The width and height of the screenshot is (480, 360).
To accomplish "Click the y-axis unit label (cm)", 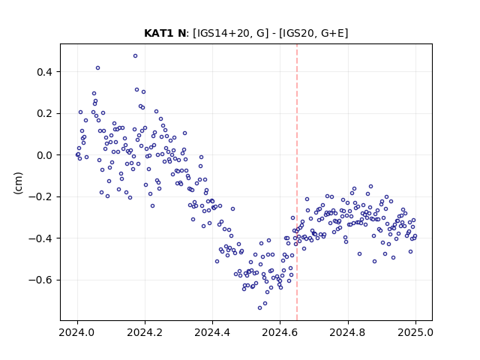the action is point(18,183).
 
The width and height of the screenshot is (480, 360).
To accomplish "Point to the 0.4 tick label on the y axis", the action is point(44,72).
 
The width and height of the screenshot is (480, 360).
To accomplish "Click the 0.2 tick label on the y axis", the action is point(44,113).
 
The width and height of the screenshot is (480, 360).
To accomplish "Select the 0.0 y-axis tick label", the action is point(44,155).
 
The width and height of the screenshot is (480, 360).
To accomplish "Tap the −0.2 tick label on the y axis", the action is point(40,196).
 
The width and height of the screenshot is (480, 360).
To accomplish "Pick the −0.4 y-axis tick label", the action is point(40,238).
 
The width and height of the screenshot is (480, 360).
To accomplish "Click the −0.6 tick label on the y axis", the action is point(40,280).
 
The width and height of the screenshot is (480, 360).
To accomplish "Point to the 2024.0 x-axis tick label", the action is point(77,332).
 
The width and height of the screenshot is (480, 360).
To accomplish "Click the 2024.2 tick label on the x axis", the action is point(145,332).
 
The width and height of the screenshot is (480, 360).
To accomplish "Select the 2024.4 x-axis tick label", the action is point(212,332).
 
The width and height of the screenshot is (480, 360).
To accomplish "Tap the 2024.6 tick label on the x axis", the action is point(280,332).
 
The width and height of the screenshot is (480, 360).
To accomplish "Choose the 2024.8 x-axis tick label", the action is point(348,332).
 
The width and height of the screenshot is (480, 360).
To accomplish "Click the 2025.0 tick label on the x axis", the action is point(415,332).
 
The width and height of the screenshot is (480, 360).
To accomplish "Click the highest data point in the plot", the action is point(135,56).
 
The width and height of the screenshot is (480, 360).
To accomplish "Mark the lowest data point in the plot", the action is point(260,307).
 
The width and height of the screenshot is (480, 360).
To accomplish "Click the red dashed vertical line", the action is point(297,182).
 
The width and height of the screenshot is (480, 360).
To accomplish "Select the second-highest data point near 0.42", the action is point(98,68).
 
